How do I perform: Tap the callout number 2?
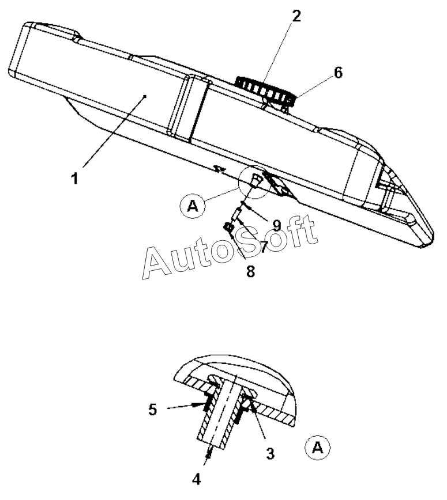(x=295, y=16)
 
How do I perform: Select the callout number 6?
(x=337, y=73)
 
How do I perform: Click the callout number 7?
(x=264, y=246)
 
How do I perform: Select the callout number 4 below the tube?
(x=197, y=479)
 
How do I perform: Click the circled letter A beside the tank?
(x=193, y=206)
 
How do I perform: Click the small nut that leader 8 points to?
(x=229, y=229)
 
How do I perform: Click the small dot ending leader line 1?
(x=146, y=96)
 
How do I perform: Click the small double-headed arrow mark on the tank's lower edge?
(x=218, y=169)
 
